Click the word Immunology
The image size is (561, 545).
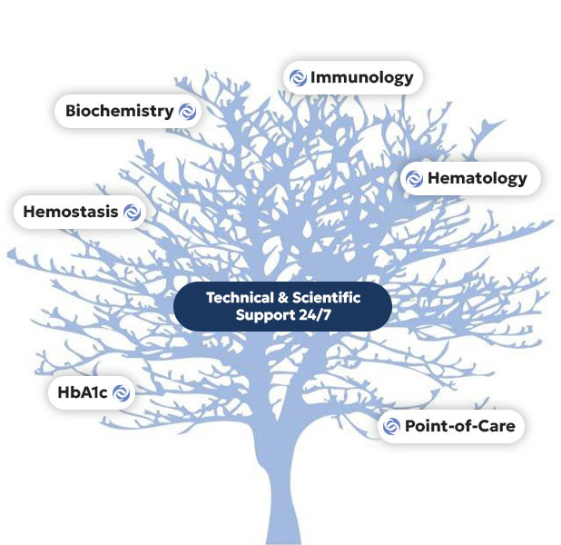pos(361,78)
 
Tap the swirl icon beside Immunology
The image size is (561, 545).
pos(298,78)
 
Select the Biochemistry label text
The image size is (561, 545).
pos(120,111)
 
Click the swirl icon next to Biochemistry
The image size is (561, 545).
pos(188,112)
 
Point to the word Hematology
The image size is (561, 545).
pos(477,179)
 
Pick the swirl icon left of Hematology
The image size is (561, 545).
pos(414,179)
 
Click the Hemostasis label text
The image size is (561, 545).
pos(71,212)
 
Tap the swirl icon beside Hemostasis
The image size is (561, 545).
pos(132,212)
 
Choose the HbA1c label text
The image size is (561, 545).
pos(83,392)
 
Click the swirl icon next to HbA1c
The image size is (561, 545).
pos(122,392)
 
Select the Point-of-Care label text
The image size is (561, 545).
pos(460,426)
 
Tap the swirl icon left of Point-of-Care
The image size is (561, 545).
pos(391,427)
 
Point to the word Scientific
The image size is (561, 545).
pos(326,298)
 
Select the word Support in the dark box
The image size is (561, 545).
pos(265,316)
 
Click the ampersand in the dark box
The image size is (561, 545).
pos(283,298)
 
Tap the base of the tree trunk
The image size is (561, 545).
pos(283,539)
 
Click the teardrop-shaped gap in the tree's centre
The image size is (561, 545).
pos(306,229)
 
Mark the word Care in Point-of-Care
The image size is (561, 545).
pos(497,426)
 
